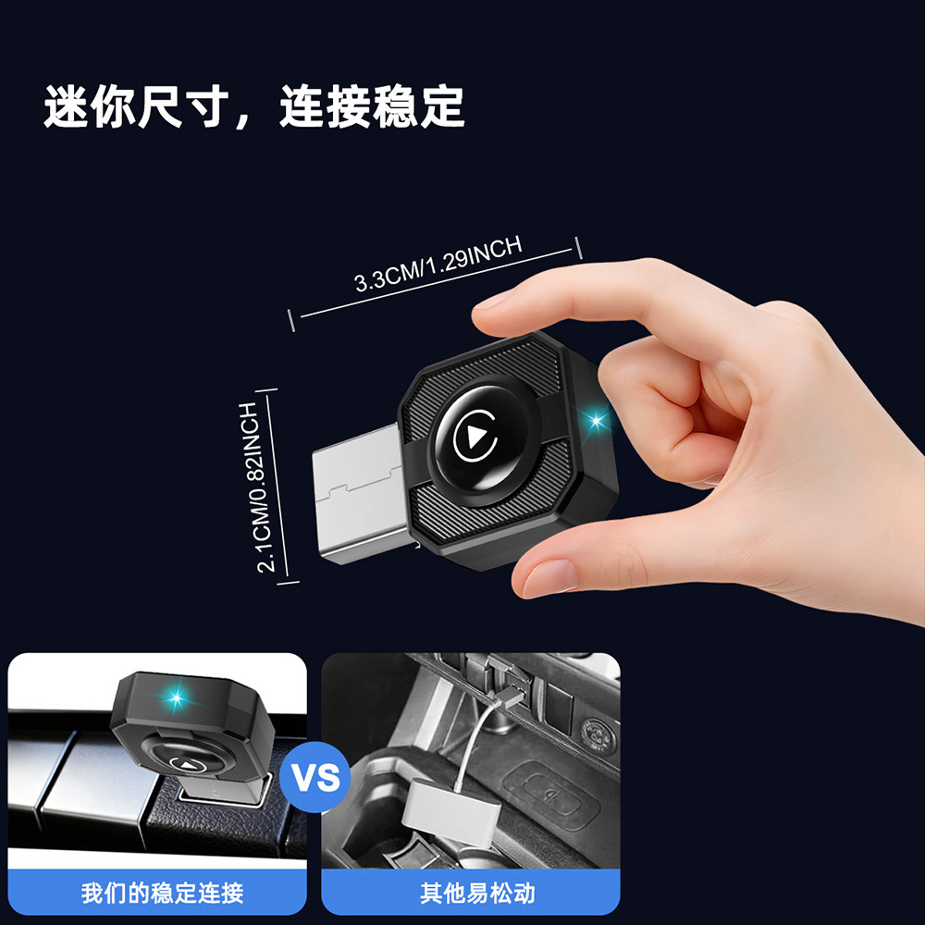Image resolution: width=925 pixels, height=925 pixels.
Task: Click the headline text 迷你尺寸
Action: (137, 106)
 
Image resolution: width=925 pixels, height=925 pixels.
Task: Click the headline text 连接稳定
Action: (372, 106)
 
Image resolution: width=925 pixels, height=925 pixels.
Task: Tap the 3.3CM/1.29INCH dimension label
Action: (438, 264)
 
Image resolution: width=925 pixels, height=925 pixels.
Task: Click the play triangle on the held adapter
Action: (475, 437)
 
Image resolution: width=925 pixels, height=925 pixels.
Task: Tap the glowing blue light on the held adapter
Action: (597, 421)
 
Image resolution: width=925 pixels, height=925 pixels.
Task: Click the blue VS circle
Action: (315, 777)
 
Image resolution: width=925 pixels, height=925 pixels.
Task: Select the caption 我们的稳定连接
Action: (162, 894)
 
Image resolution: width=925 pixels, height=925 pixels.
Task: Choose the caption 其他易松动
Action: (477, 894)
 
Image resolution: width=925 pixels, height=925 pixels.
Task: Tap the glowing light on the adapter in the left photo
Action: (176, 699)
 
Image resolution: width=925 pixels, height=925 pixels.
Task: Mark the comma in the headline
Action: (241, 120)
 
